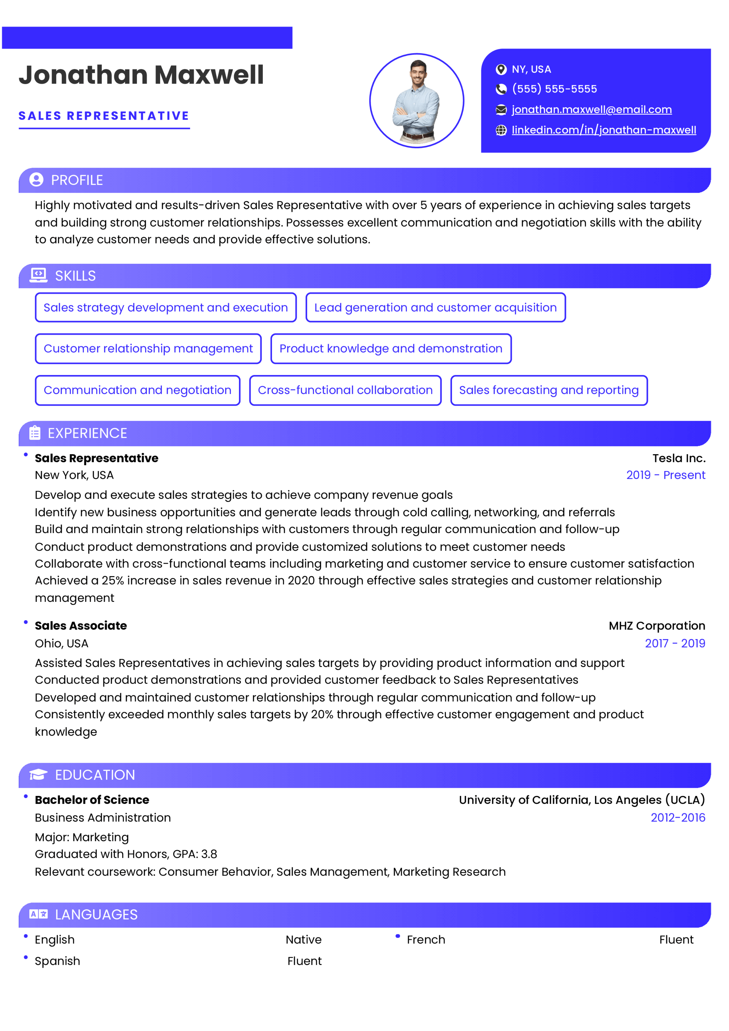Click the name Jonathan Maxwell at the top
click(x=141, y=75)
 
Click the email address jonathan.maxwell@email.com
click(x=592, y=109)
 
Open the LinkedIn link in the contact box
click(x=604, y=130)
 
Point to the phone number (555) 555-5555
click(x=554, y=89)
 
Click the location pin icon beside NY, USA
click(x=501, y=69)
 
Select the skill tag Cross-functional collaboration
click(x=345, y=390)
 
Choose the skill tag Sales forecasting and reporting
click(x=548, y=390)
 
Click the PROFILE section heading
click(x=77, y=180)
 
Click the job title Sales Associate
click(x=81, y=626)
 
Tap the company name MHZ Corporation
click(x=657, y=626)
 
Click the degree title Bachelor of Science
click(x=92, y=800)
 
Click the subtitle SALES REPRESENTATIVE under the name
click(x=104, y=116)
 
